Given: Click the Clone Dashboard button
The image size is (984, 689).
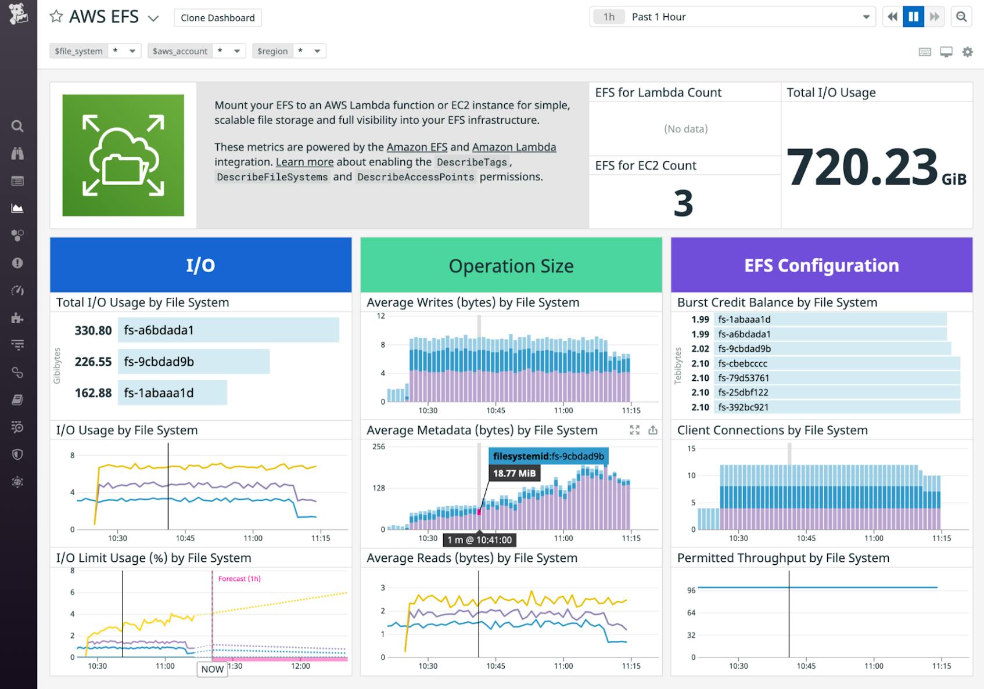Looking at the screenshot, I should point(217,17).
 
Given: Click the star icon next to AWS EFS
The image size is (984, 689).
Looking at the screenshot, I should point(56,16).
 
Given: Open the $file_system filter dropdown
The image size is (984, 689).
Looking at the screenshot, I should point(96,51).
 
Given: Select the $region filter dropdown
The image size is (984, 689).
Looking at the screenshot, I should point(289,51).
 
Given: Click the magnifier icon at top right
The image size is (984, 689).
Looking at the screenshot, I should point(961,17).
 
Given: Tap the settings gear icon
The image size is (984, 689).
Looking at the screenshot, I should point(967,52).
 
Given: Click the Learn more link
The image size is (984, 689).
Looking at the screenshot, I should point(304,162).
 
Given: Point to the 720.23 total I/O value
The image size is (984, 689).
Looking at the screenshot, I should point(862,167).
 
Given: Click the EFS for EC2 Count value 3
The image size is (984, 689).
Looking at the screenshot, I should point(684,203).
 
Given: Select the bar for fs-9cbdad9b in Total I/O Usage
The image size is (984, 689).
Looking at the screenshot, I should point(193,362).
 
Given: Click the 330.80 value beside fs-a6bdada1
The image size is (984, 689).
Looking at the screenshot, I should point(93,330).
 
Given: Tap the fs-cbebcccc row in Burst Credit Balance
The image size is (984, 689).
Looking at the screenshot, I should point(836,363).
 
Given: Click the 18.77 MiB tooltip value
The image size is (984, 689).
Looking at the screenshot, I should point(514,473).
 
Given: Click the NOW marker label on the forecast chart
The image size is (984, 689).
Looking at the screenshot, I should point(212,669).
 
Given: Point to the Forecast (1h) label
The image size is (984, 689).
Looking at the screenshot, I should point(239,579).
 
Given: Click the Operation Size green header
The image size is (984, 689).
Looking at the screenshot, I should point(511,265).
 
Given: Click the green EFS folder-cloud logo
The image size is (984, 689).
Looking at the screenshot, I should point(123,156).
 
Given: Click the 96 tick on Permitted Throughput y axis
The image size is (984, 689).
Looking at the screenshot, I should point(691,590).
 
